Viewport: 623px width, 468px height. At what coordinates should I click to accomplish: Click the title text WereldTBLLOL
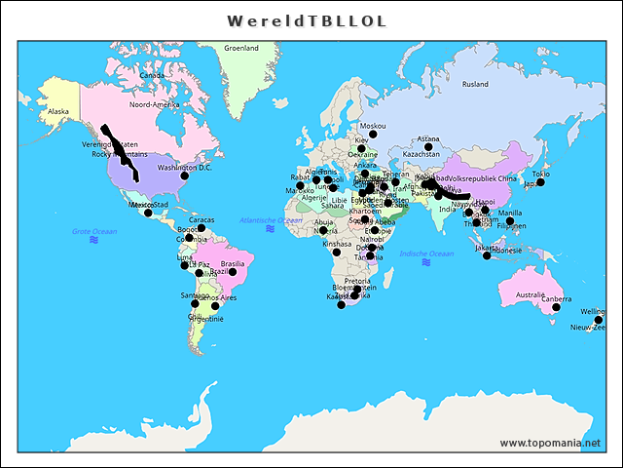(x=307, y=20)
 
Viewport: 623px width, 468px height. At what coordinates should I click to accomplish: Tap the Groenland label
(x=241, y=48)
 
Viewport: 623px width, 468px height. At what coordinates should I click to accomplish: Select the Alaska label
(x=58, y=111)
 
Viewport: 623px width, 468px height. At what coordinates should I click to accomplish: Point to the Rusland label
(x=475, y=84)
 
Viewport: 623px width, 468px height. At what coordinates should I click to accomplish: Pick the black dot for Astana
(x=428, y=149)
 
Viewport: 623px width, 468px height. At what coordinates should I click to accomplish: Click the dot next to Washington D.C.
(x=184, y=175)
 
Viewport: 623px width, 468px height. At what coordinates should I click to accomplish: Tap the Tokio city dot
(x=540, y=182)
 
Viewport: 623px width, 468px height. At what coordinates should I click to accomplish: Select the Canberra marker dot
(x=556, y=307)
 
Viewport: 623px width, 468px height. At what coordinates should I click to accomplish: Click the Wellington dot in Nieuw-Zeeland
(x=599, y=320)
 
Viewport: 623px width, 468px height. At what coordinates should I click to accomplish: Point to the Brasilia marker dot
(x=233, y=272)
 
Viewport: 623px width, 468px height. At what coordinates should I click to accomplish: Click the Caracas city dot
(x=202, y=228)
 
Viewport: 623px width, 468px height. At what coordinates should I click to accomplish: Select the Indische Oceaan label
(x=426, y=253)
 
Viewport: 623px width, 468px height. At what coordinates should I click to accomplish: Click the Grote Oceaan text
(x=94, y=231)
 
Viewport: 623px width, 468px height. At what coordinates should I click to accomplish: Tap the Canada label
(x=152, y=75)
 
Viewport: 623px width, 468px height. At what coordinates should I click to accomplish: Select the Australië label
(x=530, y=294)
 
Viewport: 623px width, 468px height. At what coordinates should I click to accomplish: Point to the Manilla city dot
(x=510, y=221)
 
